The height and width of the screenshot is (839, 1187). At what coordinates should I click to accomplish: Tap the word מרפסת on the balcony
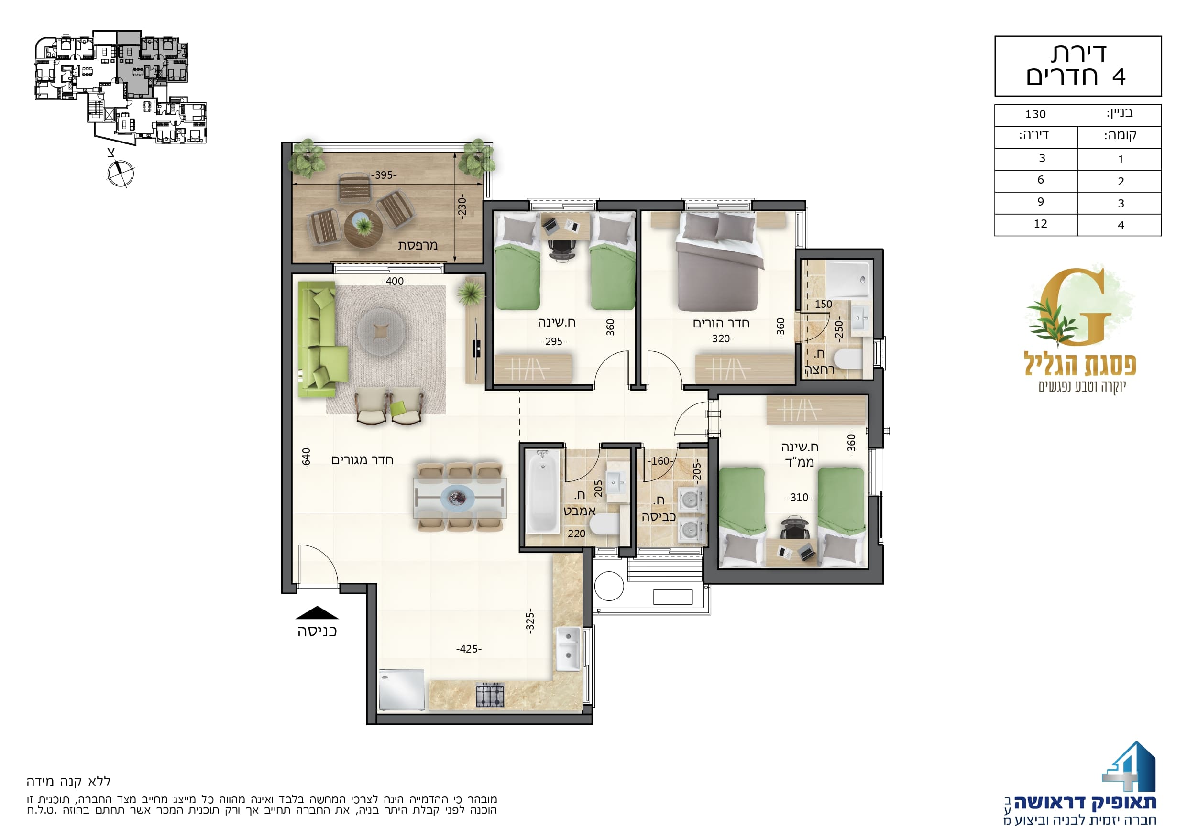pos(418,245)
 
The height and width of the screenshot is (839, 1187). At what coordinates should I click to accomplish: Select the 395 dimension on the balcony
pos(384,175)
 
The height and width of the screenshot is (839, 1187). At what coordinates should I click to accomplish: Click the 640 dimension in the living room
pos(306,457)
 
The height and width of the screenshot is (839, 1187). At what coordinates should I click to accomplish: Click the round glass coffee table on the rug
pos(381,331)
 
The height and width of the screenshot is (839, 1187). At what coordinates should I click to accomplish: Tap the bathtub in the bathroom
pos(542,491)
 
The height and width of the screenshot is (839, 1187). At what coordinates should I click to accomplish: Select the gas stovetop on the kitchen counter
pos(490,695)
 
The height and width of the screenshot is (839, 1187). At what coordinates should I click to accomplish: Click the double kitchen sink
pos(568,649)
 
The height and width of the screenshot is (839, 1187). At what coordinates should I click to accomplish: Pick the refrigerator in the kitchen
pos(402,690)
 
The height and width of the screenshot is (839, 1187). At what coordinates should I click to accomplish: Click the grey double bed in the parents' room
pos(720,262)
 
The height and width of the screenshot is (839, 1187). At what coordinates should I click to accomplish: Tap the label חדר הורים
pos(721,324)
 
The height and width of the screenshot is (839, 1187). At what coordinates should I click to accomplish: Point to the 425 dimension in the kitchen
pos(469,649)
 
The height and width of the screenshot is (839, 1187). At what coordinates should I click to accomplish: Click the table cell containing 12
pos(1041,224)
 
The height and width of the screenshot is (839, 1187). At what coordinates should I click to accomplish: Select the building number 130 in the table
pos(1035,114)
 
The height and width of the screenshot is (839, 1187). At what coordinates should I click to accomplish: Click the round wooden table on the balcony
pos(363,229)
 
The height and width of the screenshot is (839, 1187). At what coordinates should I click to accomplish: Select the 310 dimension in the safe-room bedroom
pos(799,497)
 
